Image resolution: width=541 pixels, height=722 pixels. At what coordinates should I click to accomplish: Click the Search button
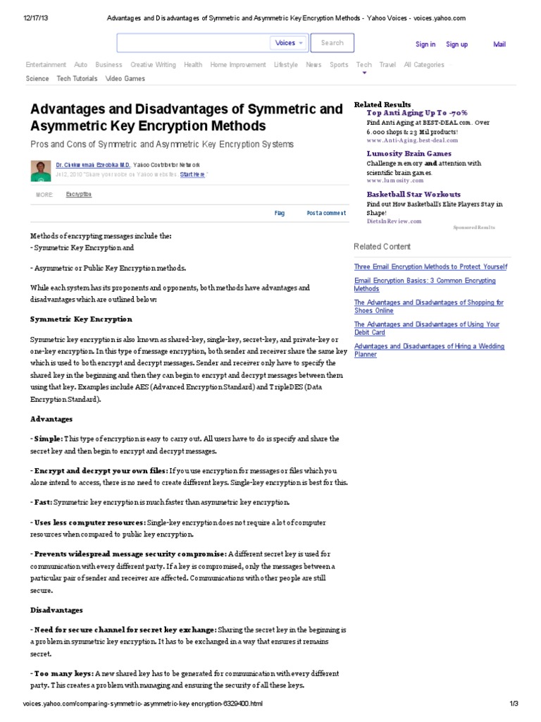click(332, 43)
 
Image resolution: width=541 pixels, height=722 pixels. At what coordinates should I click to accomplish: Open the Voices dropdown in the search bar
click(289, 43)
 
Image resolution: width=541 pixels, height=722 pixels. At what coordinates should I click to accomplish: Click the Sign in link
click(425, 44)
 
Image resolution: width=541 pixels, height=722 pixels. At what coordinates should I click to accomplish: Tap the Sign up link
click(457, 44)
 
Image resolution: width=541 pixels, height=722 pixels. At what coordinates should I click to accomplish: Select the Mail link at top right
click(499, 44)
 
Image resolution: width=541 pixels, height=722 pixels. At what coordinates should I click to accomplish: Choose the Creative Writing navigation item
click(153, 65)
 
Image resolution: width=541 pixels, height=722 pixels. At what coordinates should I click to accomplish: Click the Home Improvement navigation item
click(238, 65)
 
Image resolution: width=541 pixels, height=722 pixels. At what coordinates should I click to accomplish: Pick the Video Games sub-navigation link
click(125, 79)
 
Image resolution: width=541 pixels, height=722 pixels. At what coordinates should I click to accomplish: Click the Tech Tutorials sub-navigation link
click(77, 79)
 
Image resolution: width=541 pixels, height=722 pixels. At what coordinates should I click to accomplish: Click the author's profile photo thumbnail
click(41, 169)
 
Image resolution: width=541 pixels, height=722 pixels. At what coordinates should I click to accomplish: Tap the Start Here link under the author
click(193, 173)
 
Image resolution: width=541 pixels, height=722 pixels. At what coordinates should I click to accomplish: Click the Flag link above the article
click(280, 212)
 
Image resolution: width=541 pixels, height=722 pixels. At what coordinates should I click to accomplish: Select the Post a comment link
click(326, 212)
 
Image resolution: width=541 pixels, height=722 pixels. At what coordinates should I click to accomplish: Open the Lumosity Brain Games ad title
click(409, 154)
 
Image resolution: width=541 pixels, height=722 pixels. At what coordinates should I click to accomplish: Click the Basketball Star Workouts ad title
click(413, 195)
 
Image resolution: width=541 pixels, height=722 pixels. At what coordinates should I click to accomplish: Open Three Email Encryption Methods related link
click(430, 267)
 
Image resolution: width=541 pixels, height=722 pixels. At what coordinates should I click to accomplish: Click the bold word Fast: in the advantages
click(42, 502)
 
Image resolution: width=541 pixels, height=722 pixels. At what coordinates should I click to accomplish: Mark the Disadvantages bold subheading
click(56, 610)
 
